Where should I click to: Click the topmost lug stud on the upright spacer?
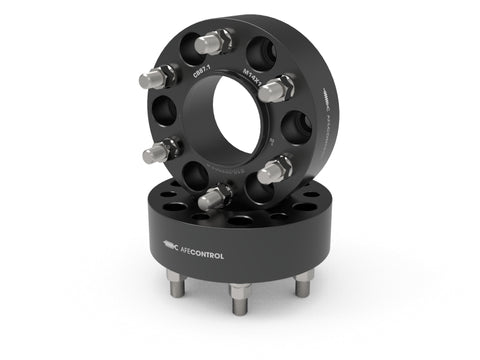click(x=212, y=42)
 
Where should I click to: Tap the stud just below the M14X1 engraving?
click(x=277, y=91)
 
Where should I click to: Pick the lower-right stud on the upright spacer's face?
click(x=274, y=170)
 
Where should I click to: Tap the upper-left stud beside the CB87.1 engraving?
click(x=160, y=76)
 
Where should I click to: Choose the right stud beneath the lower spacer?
click(x=303, y=283)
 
